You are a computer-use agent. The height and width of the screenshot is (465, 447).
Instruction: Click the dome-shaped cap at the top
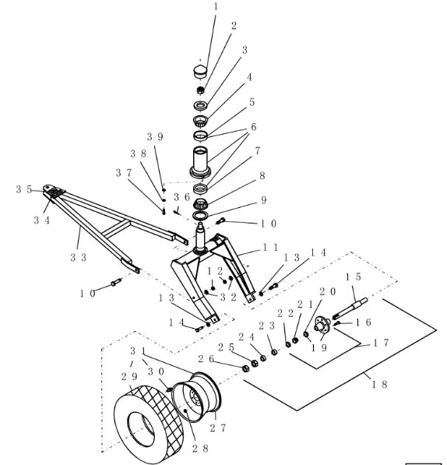201,72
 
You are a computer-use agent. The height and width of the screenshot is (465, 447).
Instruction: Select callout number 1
216,6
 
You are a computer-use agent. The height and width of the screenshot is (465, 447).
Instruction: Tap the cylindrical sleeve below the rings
201,162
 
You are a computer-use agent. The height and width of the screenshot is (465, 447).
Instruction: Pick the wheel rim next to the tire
197,396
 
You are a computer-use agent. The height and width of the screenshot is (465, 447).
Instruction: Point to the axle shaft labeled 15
350,308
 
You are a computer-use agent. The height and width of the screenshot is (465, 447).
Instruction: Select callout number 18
380,384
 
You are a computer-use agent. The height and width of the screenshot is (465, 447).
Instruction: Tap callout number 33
78,257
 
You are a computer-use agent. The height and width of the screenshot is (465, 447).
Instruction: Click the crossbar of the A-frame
118,228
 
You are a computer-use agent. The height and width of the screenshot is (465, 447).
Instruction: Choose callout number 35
24,189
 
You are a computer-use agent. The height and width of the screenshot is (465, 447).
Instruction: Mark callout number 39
155,137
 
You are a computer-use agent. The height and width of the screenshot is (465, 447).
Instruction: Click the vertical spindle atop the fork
201,238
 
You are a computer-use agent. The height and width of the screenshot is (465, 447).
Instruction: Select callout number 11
271,247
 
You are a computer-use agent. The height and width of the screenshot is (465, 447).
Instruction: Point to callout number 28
200,448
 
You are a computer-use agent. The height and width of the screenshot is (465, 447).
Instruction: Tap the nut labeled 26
245,368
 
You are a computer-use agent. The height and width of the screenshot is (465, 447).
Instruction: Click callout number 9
263,200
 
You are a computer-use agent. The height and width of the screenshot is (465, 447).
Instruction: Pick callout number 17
381,343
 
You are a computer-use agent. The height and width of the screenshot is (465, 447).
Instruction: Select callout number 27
218,428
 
